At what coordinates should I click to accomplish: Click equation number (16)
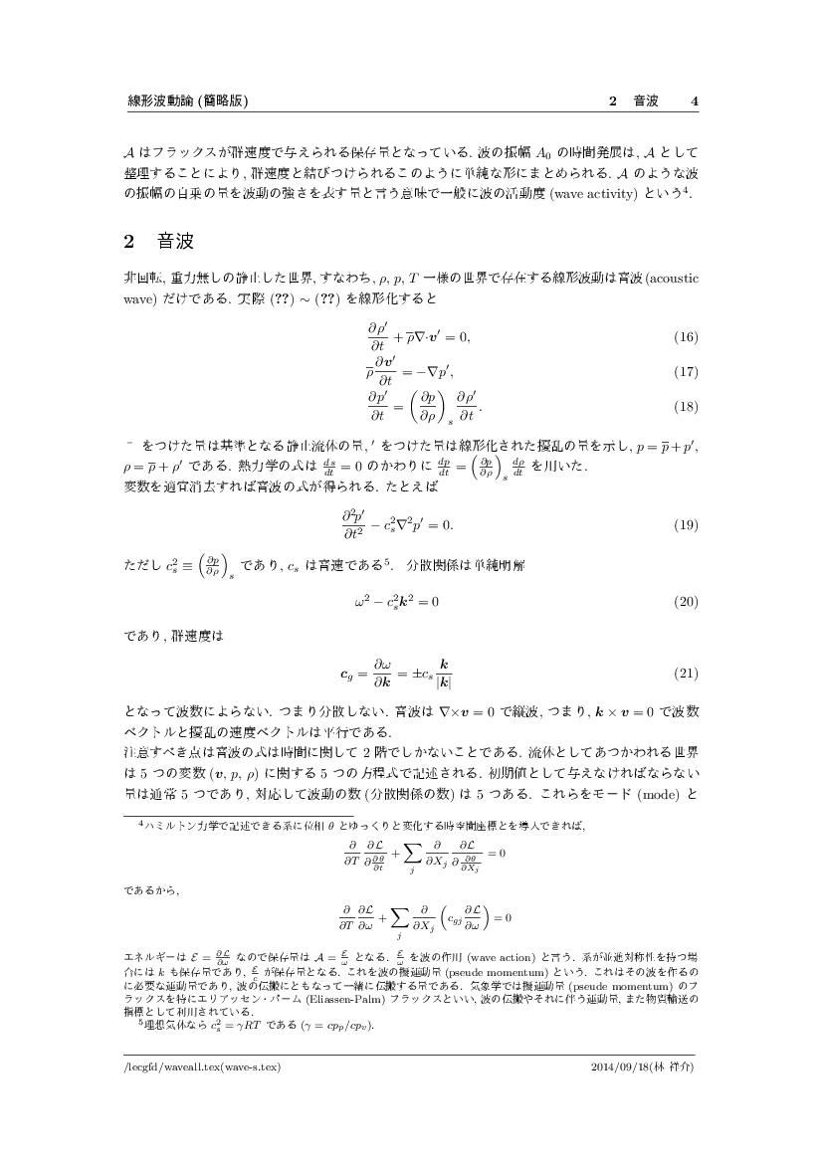click(x=686, y=337)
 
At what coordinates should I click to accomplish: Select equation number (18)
click(x=686, y=406)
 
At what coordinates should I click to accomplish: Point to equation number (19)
click(x=686, y=524)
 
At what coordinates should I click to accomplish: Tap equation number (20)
click(x=686, y=602)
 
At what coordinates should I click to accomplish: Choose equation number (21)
click(x=686, y=674)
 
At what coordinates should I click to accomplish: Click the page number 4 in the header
click(x=695, y=100)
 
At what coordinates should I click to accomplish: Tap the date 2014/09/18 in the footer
click(x=619, y=1066)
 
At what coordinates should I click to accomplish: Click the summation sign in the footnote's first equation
click(x=413, y=856)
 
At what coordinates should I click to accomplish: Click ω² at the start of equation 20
click(x=361, y=602)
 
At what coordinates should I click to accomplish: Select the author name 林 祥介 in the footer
click(x=676, y=1066)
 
